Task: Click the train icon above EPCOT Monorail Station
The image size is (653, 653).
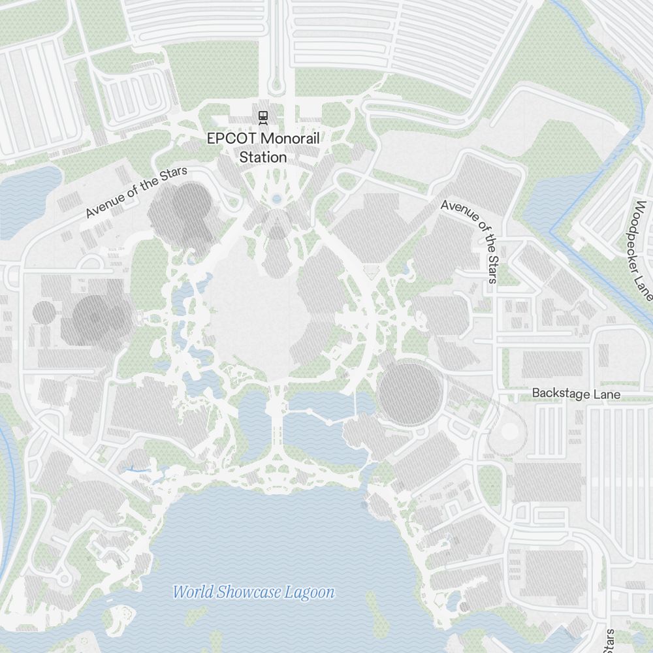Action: click(x=263, y=117)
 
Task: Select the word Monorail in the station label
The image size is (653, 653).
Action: click(x=292, y=138)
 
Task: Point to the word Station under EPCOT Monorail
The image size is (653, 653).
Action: click(x=263, y=157)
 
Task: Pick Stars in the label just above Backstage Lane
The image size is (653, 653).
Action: click(x=491, y=266)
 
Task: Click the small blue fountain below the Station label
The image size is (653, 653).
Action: click(x=276, y=199)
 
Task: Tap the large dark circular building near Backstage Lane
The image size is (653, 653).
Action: click(x=410, y=394)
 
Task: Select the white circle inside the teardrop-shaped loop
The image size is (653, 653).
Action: click(x=510, y=432)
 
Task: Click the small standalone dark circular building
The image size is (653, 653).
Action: click(x=44, y=312)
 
